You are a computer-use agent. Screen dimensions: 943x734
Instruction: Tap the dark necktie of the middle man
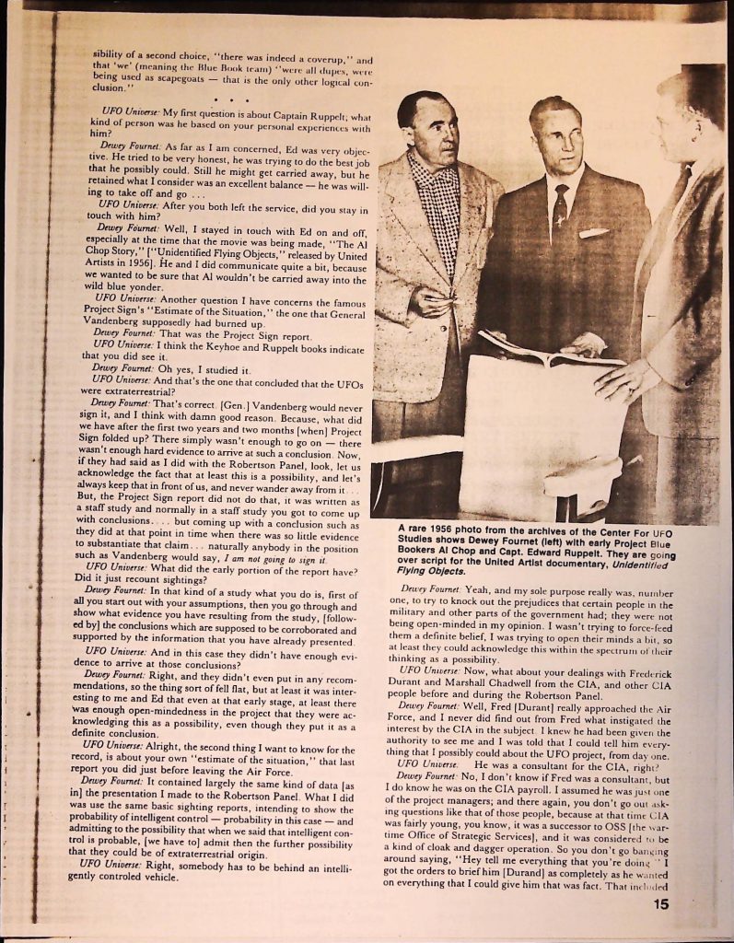click(560, 207)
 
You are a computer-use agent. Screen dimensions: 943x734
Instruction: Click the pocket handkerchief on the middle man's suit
click(593, 233)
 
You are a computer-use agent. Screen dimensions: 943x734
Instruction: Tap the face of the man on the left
click(431, 129)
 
